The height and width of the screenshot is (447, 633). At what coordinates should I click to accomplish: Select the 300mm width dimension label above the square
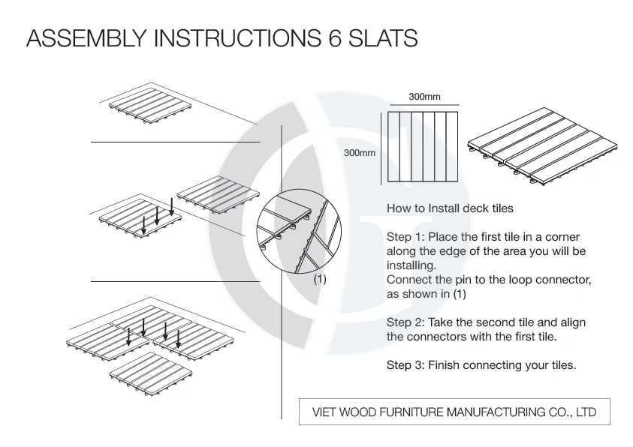424,97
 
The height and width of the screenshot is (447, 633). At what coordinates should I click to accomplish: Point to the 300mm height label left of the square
359,153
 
